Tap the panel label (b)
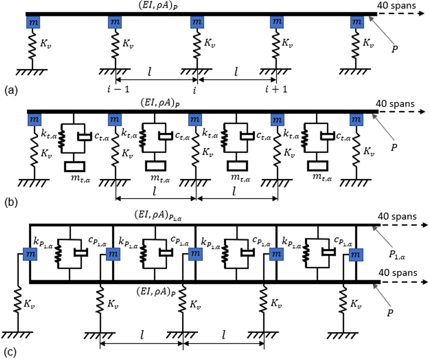(11, 202)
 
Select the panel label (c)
(10, 352)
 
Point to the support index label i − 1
(118, 89)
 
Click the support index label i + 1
(276, 89)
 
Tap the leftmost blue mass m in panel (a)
(33, 22)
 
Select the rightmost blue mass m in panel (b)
(356, 119)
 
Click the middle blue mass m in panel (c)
(195, 254)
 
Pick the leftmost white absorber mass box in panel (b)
(74, 166)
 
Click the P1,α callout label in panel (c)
(397, 255)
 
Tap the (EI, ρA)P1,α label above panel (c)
(158, 215)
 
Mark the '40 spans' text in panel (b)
(395, 104)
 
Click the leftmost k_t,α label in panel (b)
(49, 134)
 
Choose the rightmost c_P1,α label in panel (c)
(343, 241)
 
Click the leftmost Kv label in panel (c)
(29, 304)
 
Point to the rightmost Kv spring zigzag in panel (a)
(355, 45)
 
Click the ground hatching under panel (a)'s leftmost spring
(32, 72)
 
